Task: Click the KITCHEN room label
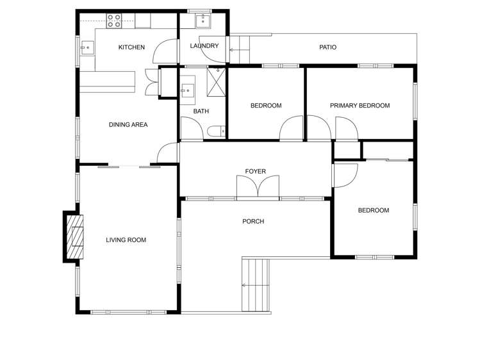[131, 47]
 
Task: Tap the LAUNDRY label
[204, 46]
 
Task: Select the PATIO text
[327, 47]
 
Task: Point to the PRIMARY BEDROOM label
[360, 106]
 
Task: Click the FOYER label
[255, 171]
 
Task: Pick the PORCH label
[253, 222]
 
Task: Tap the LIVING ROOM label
[126, 240]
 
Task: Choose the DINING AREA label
[128, 124]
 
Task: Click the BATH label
[201, 111]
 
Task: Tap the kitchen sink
[86, 47]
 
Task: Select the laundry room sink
[204, 20]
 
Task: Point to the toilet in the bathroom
[216, 132]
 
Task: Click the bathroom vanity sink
[187, 89]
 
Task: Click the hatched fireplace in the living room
[76, 236]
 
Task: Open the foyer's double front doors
[258, 188]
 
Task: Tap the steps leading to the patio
[238, 49]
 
